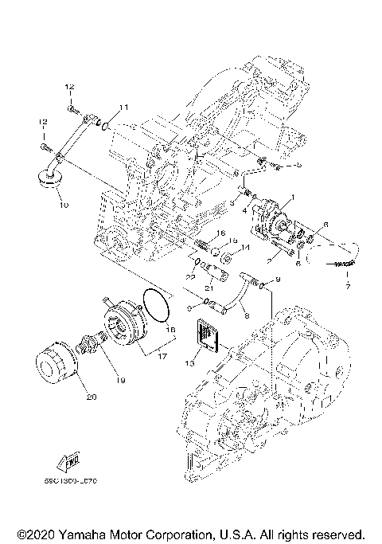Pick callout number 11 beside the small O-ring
(123, 106)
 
